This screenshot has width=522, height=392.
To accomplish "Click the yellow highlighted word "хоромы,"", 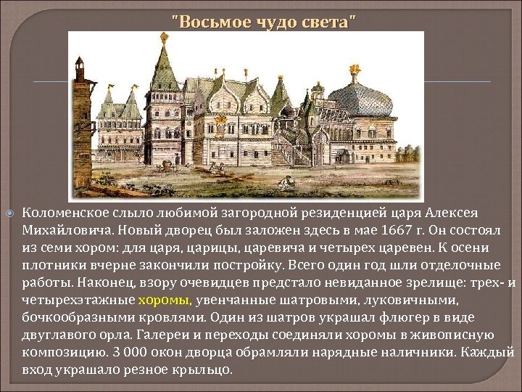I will (x=165, y=300).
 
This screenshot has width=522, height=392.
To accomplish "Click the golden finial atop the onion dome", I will (x=355, y=71).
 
